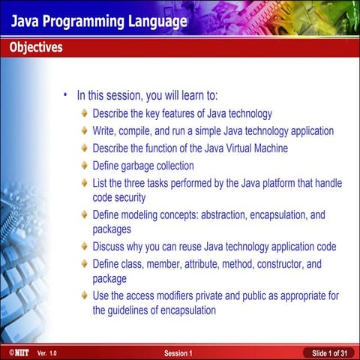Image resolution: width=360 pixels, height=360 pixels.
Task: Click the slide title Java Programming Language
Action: coord(98,20)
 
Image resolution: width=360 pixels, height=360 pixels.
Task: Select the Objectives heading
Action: coord(36,48)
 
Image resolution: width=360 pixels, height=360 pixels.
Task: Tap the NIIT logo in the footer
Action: coord(15,352)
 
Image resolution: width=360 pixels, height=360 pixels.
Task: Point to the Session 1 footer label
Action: coord(178,352)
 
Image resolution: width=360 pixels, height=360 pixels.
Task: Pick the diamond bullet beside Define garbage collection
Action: coord(84,166)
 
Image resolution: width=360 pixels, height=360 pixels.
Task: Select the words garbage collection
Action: coord(158,166)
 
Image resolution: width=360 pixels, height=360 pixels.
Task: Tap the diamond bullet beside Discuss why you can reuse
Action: coord(84,247)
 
